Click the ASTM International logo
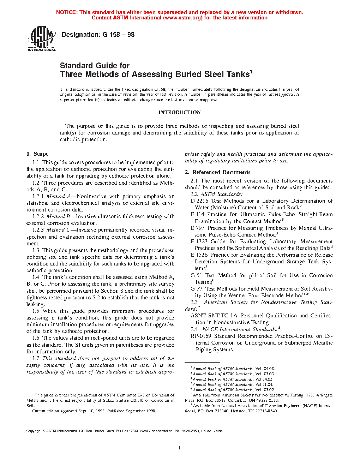coord(42,39)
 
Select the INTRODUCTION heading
coord(179,112)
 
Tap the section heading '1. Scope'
coord(37,154)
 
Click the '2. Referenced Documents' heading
coord(217,172)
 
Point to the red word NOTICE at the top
coord(66,12)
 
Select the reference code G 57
coord(197,289)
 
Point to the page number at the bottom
coord(180,448)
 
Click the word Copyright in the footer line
coord(34,431)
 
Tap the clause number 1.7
coord(36,358)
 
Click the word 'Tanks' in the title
coord(238,74)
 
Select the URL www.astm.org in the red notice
coord(182,18)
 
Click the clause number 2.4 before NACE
coord(194,329)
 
